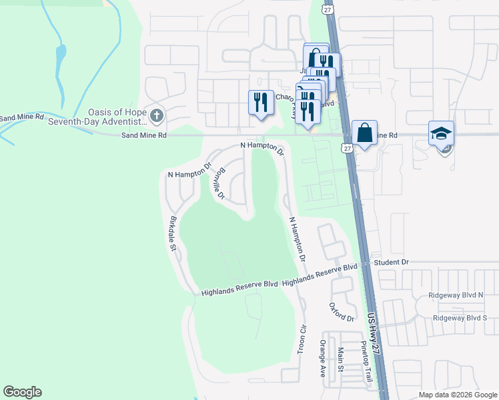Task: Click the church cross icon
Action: pyautogui.click(x=157, y=115)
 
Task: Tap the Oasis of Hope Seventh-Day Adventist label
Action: pyautogui.click(x=117, y=117)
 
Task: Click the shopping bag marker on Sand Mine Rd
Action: pyautogui.click(x=365, y=133)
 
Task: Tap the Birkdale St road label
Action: pyautogui.click(x=173, y=233)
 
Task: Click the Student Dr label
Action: pyautogui.click(x=391, y=262)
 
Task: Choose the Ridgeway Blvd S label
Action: pyautogui.click(x=460, y=318)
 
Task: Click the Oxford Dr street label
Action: pyautogui.click(x=341, y=311)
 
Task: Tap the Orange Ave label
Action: pyautogui.click(x=322, y=359)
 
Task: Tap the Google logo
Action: pyautogui.click(x=22, y=392)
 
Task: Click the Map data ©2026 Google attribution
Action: pyautogui.click(x=458, y=395)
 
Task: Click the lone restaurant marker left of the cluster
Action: pyautogui.click(x=261, y=102)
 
